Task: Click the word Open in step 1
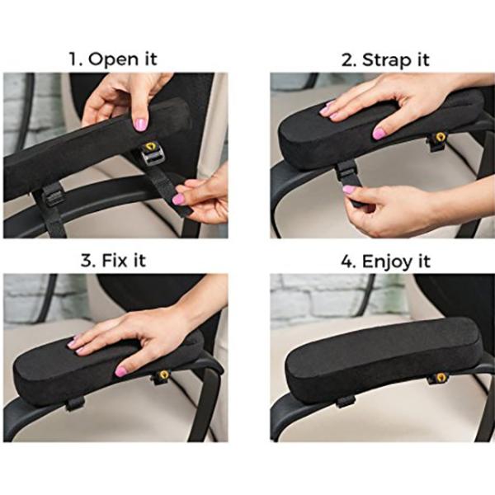coord(113,59)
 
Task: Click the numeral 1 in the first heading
coord(74,59)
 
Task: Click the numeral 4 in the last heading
coord(348,262)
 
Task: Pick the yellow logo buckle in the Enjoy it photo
coord(439,378)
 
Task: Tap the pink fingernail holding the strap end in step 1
coord(178,200)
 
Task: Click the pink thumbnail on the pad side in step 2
coord(379,134)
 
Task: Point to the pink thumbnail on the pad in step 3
coord(121,371)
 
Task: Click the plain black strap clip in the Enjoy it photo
coord(346,402)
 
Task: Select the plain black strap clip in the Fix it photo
coord(75,403)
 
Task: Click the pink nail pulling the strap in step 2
coord(349,190)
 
